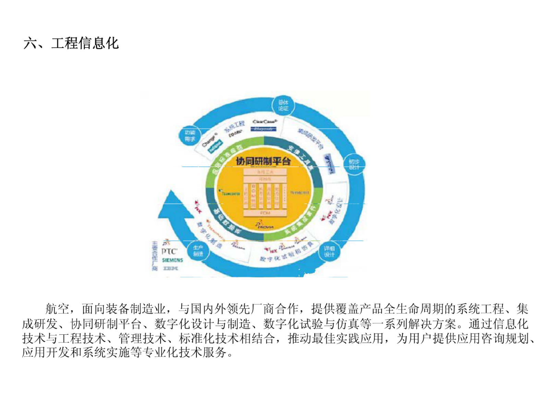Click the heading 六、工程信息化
[x=71, y=44]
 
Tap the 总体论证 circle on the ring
[x=283, y=106]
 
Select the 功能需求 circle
[x=190, y=136]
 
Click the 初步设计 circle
[x=354, y=165]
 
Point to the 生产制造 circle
[x=198, y=251]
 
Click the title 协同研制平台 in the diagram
[x=263, y=161]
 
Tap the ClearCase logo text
[x=265, y=122]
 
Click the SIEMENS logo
[x=172, y=260]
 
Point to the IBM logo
[x=170, y=268]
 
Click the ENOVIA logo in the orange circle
[x=265, y=226]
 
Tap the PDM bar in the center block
[x=265, y=213]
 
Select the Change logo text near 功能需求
[x=209, y=140]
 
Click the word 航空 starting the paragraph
[x=57, y=309]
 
